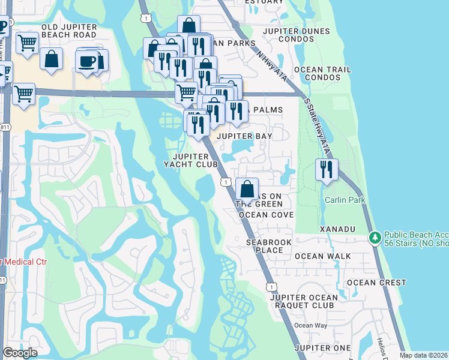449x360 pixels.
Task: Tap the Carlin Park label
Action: pos(344,200)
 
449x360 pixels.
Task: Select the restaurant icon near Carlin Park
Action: pos(327,170)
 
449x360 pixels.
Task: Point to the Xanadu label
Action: pos(338,230)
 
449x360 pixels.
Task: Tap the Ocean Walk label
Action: pos(323,256)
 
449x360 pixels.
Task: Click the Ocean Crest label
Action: pos(376,283)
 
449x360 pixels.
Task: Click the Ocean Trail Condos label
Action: pos(323,73)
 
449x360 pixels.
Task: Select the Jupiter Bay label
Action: pos(244,136)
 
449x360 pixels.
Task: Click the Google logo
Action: pos(20,353)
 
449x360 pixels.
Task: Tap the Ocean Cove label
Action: pos(266,215)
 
